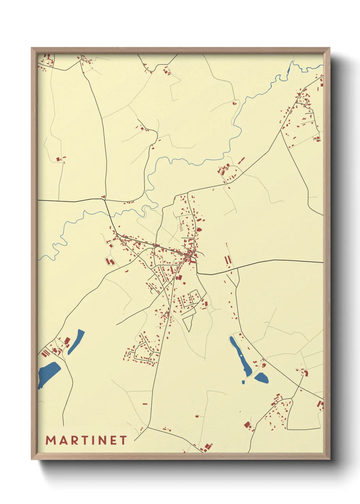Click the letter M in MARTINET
(x=51, y=440)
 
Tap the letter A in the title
(x=63, y=440)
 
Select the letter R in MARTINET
(x=74, y=440)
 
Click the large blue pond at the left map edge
(x=49, y=373)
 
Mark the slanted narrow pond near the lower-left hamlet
(x=76, y=341)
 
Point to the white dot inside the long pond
(x=241, y=356)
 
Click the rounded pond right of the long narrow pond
(x=261, y=377)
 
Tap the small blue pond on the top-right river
(x=289, y=71)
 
